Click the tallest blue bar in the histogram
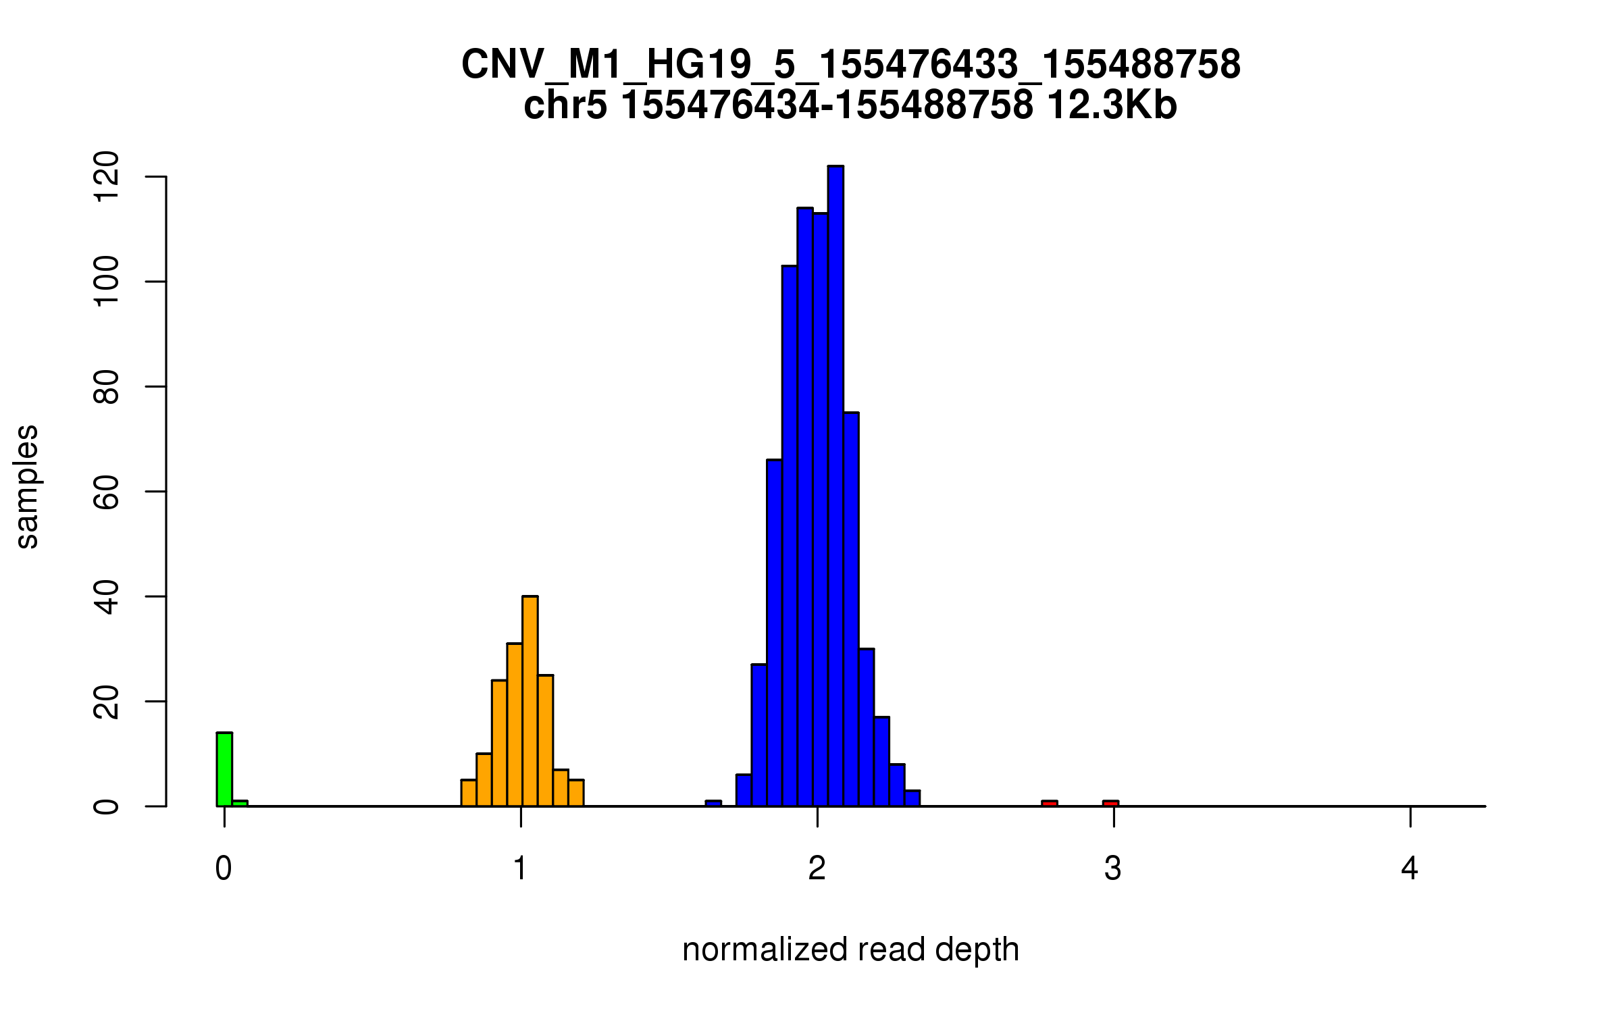(835, 486)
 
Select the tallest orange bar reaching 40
(530, 702)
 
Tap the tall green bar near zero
(224, 770)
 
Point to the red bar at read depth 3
(1110, 803)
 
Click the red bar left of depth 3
(1049, 803)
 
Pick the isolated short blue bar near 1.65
(713, 803)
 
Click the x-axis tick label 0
(224, 868)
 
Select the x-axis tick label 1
(520, 868)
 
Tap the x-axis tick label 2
(817, 868)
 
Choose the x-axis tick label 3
(1113, 868)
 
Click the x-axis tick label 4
(1410, 868)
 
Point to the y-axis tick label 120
(107, 177)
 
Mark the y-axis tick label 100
(107, 282)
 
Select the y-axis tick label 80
(107, 386)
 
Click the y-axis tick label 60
(107, 492)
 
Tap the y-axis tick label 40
(107, 597)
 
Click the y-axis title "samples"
(27, 486)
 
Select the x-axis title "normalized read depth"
(850, 950)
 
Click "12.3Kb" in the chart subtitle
(1112, 106)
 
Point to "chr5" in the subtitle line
(565, 106)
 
